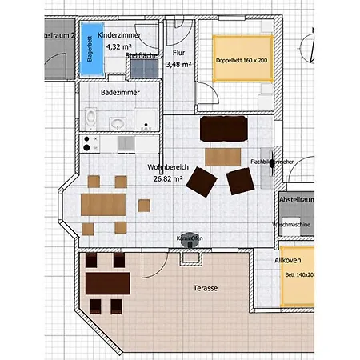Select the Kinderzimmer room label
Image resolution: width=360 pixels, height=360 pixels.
[119, 37]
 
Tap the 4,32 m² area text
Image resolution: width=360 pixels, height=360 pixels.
[118, 47]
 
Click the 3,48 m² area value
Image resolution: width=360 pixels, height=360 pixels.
[178, 64]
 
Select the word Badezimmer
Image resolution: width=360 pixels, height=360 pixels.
[121, 93]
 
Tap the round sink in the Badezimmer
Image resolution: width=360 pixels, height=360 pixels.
[118, 124]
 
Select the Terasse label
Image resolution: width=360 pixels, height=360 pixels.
[206, 288]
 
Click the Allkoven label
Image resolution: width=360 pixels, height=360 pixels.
[287, 261]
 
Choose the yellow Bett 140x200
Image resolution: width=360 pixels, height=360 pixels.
[297, 274]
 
